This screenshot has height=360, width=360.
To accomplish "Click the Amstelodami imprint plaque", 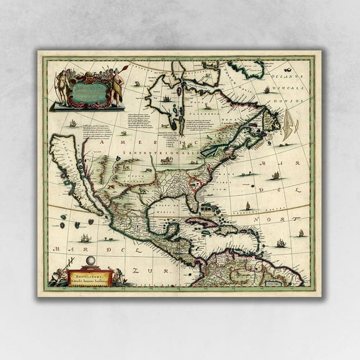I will click(x=89, y=277).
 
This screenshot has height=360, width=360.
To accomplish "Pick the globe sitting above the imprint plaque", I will click(x=89, y=261).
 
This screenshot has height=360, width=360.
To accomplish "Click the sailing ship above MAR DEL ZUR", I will click(x=85, y=237).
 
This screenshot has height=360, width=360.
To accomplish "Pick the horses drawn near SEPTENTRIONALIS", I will click(x=166, y=160).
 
